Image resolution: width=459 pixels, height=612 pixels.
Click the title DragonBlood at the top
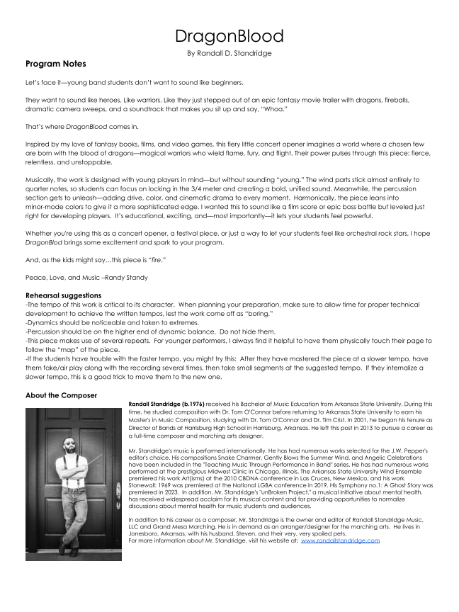[x=229, y=36]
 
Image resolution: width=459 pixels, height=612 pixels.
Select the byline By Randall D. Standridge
[x=229, y=53]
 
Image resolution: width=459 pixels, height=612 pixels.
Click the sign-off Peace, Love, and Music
[x=60, y=277]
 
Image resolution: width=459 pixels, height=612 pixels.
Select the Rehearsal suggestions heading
[x=62, y=295]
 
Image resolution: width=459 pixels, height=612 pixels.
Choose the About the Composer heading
[x=61, y=395]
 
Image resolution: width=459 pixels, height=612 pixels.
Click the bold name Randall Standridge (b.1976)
[x=166, y=404]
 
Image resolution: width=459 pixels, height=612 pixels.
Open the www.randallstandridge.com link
[x=340, y=540]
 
